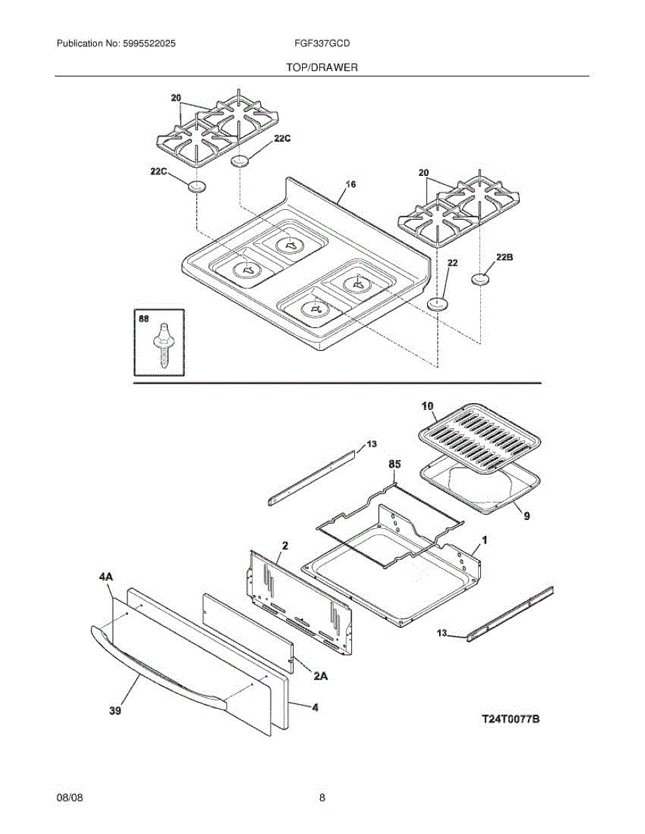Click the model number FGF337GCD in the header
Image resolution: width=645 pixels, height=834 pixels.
point(322,43)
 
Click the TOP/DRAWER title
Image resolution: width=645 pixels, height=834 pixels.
point(321,67)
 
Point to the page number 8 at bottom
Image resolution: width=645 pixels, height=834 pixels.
point(322,798)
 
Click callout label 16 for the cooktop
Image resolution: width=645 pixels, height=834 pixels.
point(351,185)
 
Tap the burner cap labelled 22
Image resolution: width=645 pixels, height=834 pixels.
point(437,304)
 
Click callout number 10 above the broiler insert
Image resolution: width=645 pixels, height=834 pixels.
point(427,405)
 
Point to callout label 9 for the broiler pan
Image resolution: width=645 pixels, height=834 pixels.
point(526,516)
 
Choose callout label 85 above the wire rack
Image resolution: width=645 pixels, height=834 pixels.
point(395,463)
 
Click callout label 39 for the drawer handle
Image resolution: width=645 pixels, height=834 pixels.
point(116,710)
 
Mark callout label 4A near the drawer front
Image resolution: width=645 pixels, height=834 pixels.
point(106,577)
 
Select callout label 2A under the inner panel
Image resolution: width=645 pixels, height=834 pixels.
point(321,674)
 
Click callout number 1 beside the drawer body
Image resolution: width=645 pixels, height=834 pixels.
point(484,540)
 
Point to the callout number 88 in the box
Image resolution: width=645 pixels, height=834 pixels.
point(144,319)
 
